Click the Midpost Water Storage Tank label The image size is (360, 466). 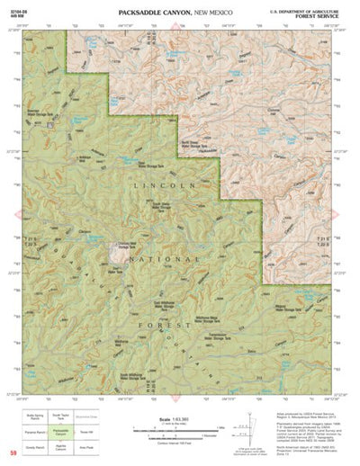[286, 309]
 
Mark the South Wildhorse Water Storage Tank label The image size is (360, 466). [148, 374]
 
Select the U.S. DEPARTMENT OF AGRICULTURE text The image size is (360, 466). [311, 12]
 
